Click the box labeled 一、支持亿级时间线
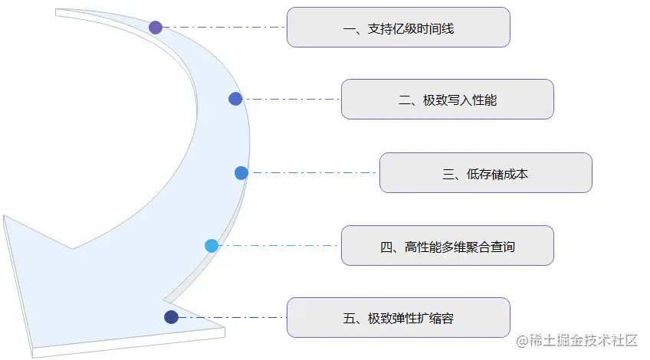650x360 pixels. (398, 28)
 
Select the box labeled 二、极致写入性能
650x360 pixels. (447, 100)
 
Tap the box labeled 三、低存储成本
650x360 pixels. (485, 173)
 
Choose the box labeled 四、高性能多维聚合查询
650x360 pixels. (447, 246)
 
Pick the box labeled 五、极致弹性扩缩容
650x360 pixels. (398, 318)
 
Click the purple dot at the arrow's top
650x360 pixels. (156, 28)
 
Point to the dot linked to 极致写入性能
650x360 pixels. (235, 99)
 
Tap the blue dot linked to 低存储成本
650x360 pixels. (241, 173)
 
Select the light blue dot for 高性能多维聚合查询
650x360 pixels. (212, 246)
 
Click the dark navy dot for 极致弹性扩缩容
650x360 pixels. (171, 317)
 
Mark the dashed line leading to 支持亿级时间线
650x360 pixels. (222, 28)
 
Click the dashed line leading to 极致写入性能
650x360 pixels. (291, 99)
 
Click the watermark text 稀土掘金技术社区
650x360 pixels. (577, 341)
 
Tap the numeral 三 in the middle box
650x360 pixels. (448, 175)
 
